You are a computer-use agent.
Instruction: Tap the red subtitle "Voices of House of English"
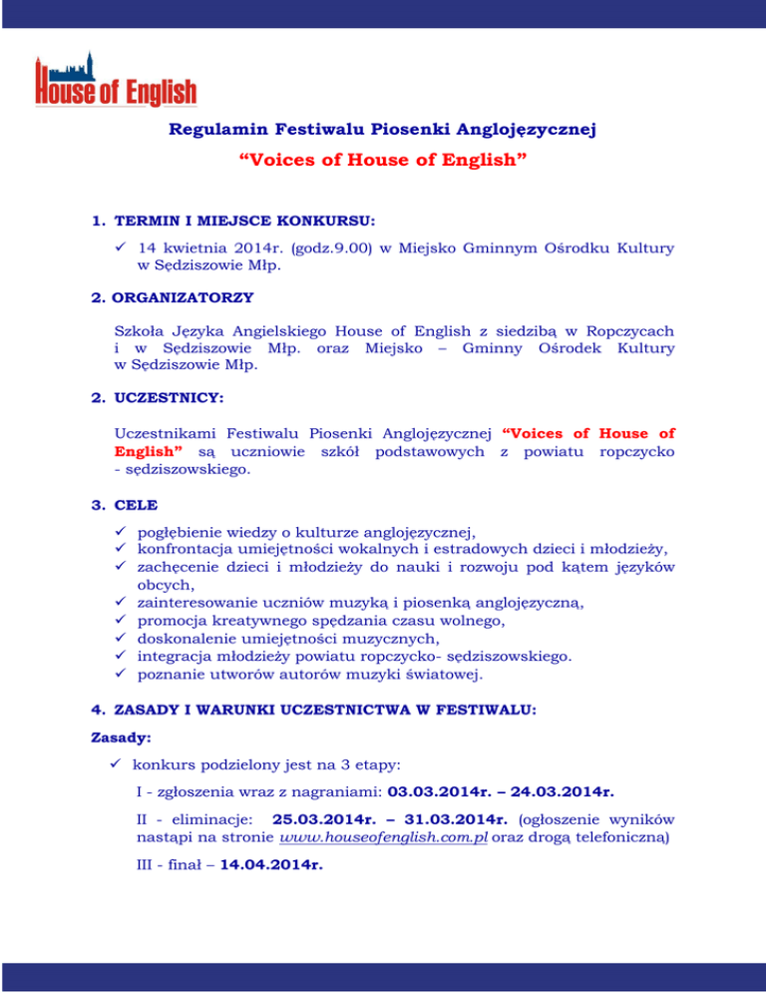coord(383,161)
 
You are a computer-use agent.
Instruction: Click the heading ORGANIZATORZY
coord(185,297)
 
